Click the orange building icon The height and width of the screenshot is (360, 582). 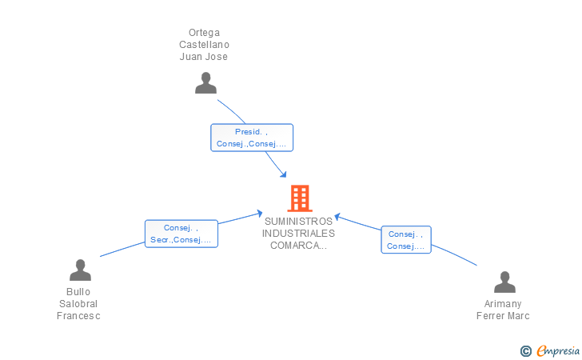300,198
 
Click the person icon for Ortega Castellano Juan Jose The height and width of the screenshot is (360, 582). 205,83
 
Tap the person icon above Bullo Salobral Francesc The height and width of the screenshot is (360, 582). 80,270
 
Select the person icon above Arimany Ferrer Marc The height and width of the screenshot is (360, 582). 504,282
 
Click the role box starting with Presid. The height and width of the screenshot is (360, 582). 252,138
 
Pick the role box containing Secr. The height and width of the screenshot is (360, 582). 181,234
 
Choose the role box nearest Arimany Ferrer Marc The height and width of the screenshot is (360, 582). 406,240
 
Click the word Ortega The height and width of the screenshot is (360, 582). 204,33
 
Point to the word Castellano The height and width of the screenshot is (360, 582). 204,45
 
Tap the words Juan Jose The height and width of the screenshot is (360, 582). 204,57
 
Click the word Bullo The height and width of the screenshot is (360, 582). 78,292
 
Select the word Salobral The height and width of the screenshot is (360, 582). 78,303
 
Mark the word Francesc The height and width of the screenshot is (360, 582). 78,316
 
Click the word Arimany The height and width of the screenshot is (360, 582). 503,303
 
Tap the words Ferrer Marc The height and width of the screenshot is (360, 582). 503,316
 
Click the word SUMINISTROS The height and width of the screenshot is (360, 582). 298,222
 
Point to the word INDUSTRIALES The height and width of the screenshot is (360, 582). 298,234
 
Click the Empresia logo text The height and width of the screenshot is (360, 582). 558,350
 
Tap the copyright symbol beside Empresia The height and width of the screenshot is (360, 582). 526,351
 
